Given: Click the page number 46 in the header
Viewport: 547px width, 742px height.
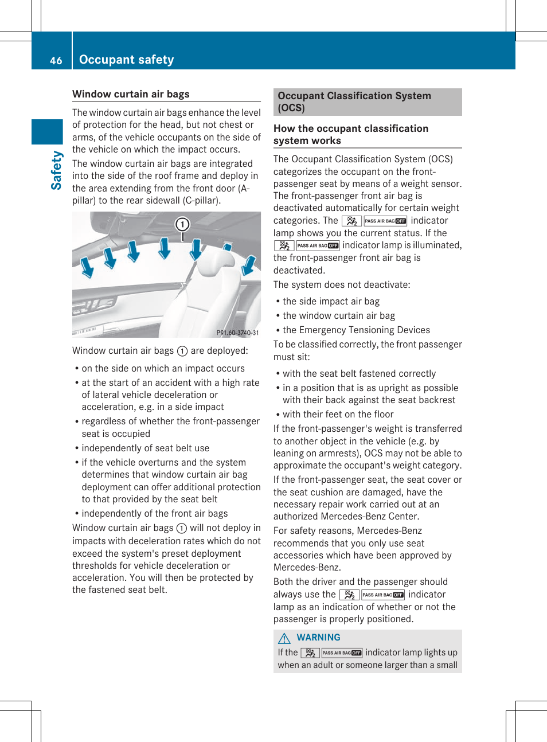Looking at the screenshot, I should tap(56, 60).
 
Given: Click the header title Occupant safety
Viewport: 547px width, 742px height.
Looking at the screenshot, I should tap(126, 60).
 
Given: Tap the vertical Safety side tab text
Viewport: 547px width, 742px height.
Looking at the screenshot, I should tap(56, 170).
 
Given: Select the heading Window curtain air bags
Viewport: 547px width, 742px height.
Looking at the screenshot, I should tap(131, 94).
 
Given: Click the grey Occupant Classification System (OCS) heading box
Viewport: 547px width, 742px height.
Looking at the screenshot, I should tap(367, 101).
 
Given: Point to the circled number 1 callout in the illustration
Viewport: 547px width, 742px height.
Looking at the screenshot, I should tap(182, 224).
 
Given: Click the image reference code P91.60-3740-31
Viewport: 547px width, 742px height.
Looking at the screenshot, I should tap(237, 333).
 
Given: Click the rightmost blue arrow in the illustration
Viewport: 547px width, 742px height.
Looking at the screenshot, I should tap(249, 265).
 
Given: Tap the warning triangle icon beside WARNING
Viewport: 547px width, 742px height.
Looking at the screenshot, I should tap(284, 638).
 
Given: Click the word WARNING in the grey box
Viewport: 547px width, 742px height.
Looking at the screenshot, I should tap(318, 637).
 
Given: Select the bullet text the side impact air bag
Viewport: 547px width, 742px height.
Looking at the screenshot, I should tap(331, 301).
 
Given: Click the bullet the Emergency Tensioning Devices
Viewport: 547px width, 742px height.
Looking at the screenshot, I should tap(356, 330).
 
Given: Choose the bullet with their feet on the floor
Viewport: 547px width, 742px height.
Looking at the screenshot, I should tap(338, 414).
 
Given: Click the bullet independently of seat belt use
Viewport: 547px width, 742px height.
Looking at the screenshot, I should tap(145, 448).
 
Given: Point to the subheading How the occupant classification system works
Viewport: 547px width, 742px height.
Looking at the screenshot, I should tap(350, 134).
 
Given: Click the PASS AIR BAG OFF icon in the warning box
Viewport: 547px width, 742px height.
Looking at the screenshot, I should tap(342, 653).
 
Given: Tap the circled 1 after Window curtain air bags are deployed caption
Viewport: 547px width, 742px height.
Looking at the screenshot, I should tap(182, 351).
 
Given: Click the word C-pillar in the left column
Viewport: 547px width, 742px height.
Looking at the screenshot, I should tap(200, 200).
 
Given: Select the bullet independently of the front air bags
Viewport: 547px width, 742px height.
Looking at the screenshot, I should tap(154, 513).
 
